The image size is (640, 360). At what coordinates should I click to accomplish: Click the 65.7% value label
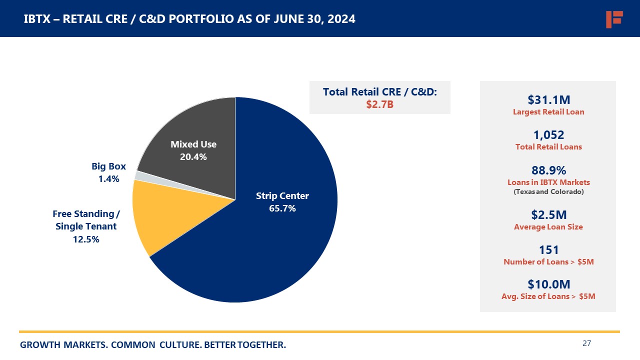(x=282, y=208)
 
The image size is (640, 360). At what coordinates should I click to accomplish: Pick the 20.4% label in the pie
(x=193, y=156)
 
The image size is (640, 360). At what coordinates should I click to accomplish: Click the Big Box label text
(x=108, y=166)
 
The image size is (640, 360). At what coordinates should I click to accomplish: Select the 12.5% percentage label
(x=86, y=239)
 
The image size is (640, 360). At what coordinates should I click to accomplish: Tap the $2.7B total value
(x=379, y=104)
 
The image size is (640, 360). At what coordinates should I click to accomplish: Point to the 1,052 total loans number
(x=548, y=135)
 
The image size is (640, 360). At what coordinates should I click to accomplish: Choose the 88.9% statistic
(x=548, y=170)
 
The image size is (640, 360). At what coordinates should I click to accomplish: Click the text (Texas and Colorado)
(x=548, y=191)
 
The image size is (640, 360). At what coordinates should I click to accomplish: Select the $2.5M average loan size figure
(x=548, y=215)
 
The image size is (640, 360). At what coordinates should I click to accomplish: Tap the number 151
(x=548, y=250)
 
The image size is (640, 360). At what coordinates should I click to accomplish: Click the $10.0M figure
(x=548, y=284)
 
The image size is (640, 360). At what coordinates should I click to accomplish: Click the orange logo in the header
(x=613, y=19)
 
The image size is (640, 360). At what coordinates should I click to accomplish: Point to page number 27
(x=587, y=343)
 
